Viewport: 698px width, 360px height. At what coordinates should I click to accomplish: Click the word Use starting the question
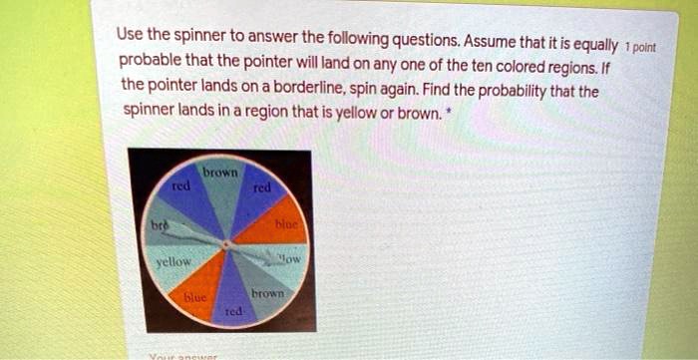pyautogui.click(x=131, y=34)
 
